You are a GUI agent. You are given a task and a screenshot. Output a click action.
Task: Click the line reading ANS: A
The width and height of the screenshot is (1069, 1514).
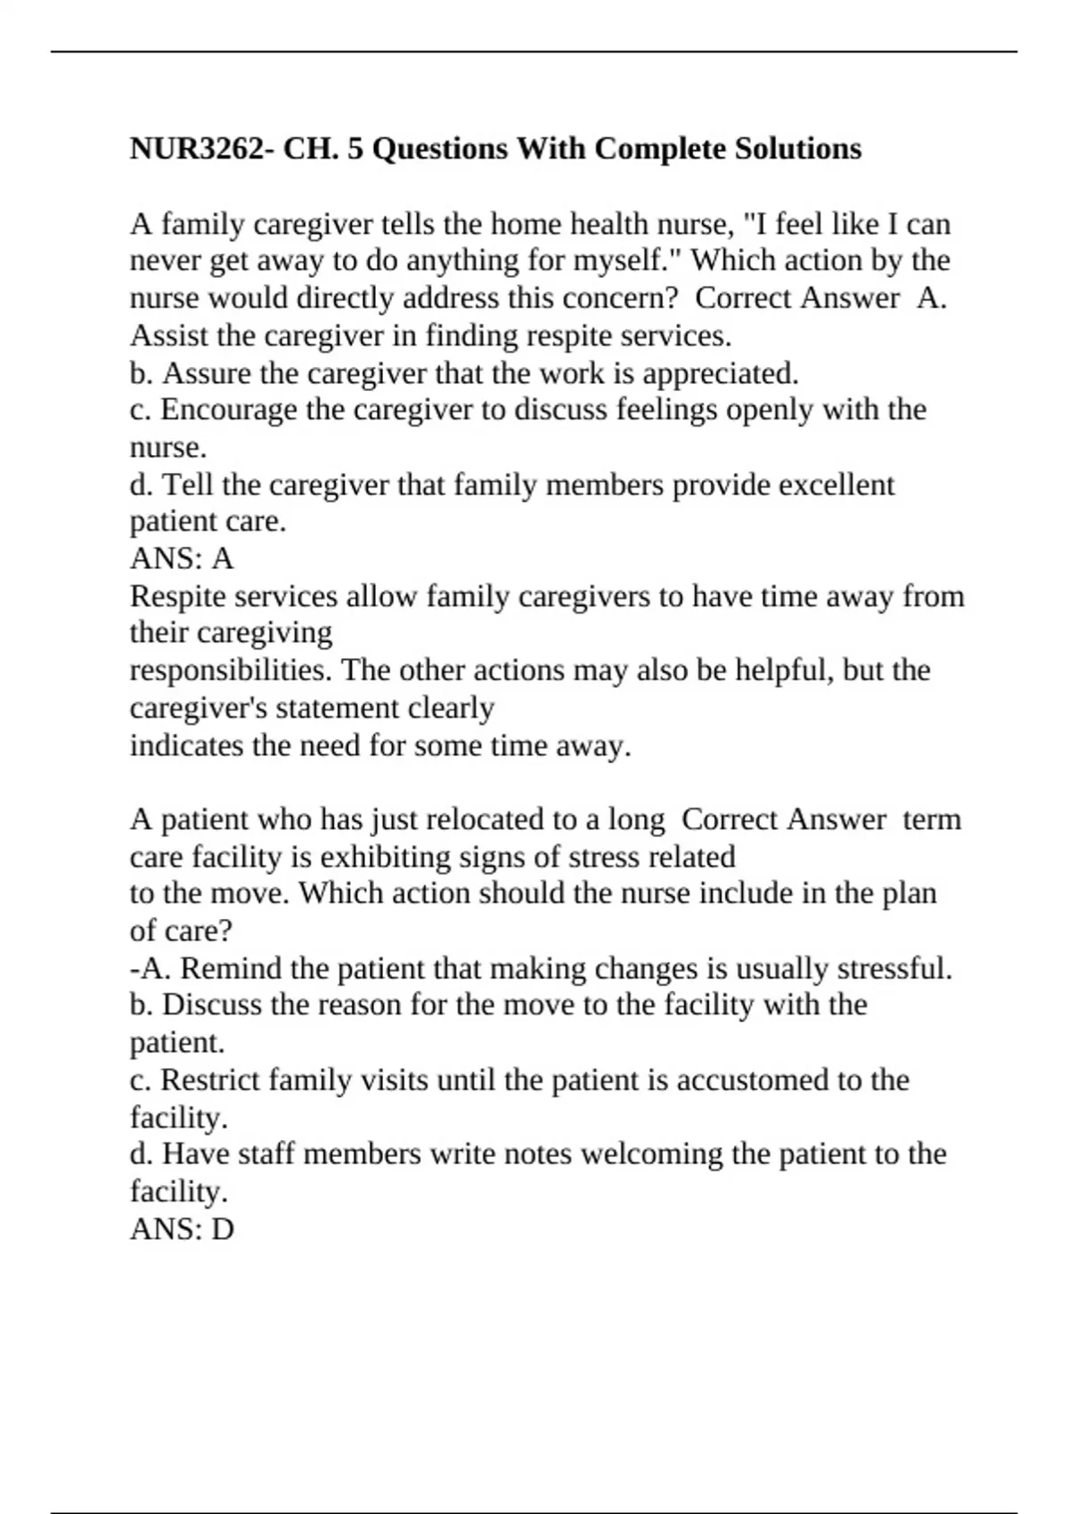(x=182, y=559)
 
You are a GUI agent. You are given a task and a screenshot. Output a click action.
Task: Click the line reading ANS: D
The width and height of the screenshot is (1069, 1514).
(x=182, y=1230)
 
